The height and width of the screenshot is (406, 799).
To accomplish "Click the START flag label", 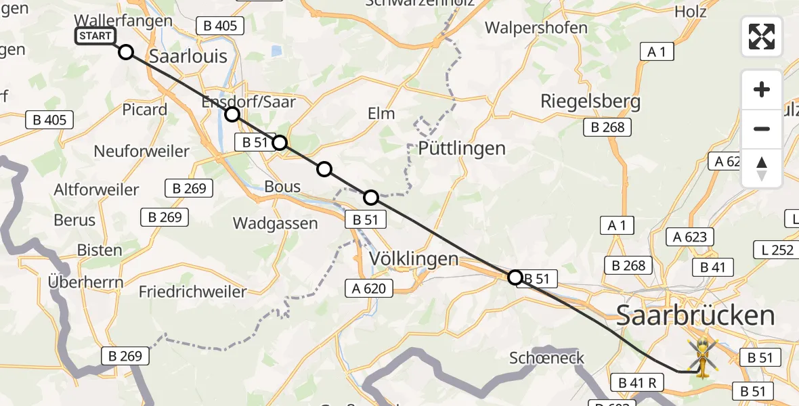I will click(95, 36).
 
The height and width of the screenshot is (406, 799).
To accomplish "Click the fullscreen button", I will click(762, 37).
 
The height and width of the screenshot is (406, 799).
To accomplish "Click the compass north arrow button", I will click(762, 168).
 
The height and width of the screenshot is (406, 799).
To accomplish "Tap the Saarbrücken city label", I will click(695, 315).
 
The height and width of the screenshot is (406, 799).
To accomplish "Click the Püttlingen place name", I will click(462, 148).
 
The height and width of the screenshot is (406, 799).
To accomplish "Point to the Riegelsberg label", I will click(590, 101).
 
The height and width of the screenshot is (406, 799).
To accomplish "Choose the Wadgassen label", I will click(275, 223).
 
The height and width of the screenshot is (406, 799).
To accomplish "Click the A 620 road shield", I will click(369, 289).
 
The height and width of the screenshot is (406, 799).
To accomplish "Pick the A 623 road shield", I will click(690, 237).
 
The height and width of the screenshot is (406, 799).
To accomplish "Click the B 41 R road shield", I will click(636, 382).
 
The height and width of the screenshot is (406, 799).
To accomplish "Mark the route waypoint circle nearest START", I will click(126, 52).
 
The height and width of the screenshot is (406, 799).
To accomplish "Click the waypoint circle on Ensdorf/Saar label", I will click(232, 114).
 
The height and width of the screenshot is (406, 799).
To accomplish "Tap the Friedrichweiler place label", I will click(192, 292).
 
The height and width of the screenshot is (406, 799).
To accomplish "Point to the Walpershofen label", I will click(536, 28).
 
